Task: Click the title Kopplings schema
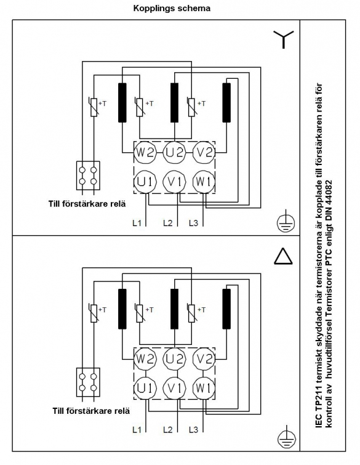click(172, 8)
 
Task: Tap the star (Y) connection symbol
click(284, 39)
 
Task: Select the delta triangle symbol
click(283, 256)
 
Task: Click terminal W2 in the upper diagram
click(145, 152)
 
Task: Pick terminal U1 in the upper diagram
click(145, 182)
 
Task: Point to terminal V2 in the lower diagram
click(204, 359)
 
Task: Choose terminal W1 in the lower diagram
click(204, 388)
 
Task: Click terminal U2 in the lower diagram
click(175, 359)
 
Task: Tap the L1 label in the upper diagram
click(137, 223)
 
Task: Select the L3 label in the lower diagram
click(193, 429)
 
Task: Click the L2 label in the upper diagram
click(168, 223)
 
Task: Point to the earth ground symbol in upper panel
click(286, 221)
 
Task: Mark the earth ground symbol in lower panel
click(286, 437)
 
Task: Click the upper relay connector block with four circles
click(88, 176)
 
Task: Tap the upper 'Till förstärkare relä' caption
click(87, 204)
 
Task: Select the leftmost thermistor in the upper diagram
click(94, 107)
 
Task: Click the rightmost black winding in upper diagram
click(226, 103)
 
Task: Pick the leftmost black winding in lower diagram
click(122, 309)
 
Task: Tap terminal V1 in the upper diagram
click(175, 182)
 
